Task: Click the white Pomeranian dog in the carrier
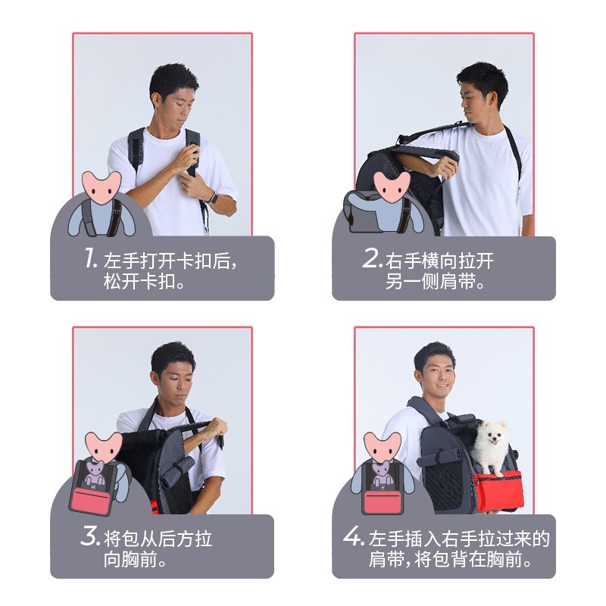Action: pyautogui.click(x=491, y=447)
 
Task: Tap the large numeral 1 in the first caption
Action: pyautogui.click(x=90, y=258)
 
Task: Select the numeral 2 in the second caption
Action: pyautogui.click(x=372, y=258)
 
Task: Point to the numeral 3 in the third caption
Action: pyautogui.click(x=90, y=536)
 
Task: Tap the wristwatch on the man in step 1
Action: pyautogui.click(x=213, y=198)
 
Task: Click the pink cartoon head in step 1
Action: pyautogui.click(x=102, y=188)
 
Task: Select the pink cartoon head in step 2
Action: pyautogui.click(x=392, y=188)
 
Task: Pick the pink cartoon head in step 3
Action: pyautogui.click(x=103, y=448)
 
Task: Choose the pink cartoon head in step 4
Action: pyautogui.click(x=383, y=448)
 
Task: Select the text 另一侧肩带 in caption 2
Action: pyautogui.click(x=430, y=282)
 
